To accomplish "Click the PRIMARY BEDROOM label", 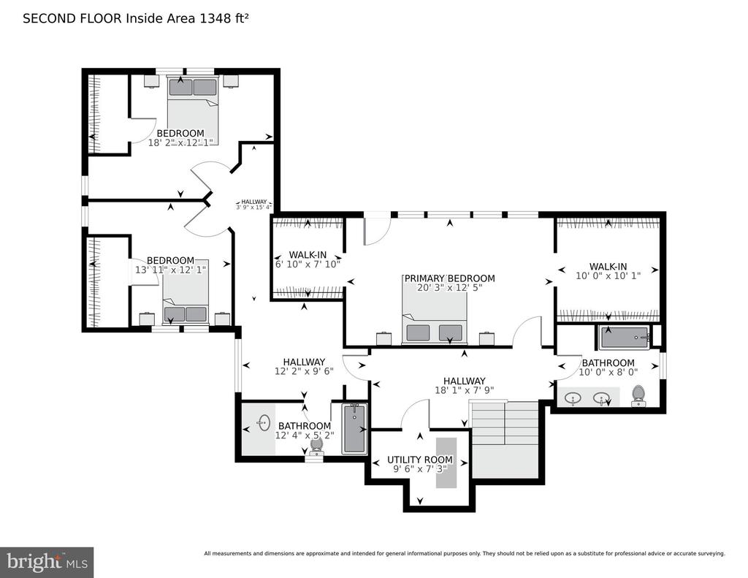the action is pos(449,278).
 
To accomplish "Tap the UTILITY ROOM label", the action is pos(420,460).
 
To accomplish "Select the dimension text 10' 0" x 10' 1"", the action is pos(608,276).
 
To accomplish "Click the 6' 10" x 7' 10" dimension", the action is pos(308,264).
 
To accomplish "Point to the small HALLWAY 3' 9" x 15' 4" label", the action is pos(253,205).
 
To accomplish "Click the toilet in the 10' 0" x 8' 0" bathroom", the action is pos(638,396).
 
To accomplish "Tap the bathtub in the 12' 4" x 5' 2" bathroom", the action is pos(354,429).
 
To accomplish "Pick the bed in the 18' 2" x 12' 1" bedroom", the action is pos(193,110).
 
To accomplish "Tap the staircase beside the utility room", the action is pos(505,439).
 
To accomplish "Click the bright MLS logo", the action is pos(47,562).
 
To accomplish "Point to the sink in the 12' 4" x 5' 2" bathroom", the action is pos(264,422).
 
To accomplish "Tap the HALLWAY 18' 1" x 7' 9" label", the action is pos(464,386).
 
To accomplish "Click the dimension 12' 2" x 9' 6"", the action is pos(304,371).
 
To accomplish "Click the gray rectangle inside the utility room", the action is pos(446,463).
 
